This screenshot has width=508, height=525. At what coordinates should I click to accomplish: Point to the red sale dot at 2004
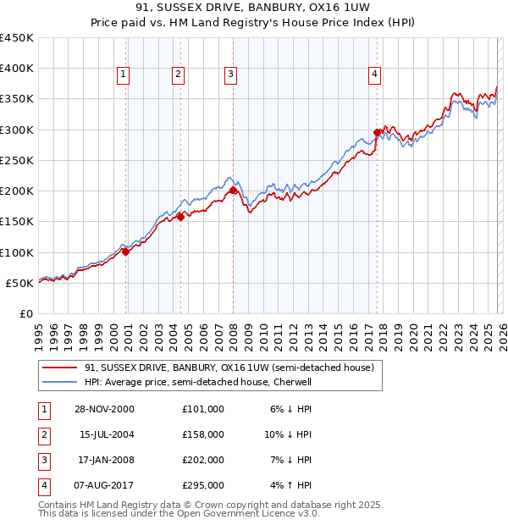point(180,217)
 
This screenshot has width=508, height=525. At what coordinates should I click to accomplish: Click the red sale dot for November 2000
point(125,251)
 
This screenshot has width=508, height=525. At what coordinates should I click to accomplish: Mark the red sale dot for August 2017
point(377,132)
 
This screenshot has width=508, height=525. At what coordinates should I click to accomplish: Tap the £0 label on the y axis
point(26,313)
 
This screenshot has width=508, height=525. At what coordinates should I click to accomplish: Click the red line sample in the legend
point(58,367)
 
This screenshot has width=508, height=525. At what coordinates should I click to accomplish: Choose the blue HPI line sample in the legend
point(58,382)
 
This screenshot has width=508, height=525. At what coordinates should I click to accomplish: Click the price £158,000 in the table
point(202,434)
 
